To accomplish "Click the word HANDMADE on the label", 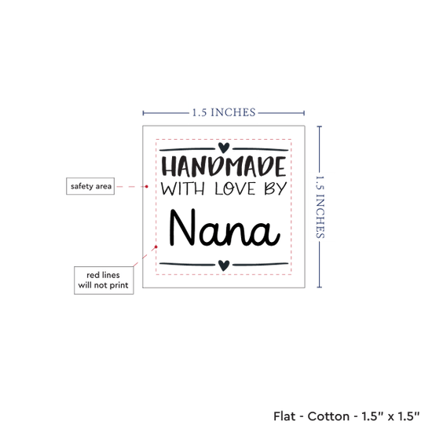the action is click(x=223, y=167).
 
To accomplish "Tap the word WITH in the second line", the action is click(x=183, y=189).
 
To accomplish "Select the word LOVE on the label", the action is click(x=235, y=189).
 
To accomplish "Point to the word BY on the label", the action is click(x=276, y=189).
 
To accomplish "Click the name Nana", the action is click(x=225, y=228).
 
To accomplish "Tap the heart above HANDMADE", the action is click(x=224, y=148).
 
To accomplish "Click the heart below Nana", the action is click(x=224, y=265).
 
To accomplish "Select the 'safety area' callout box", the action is click(x=90, y=186).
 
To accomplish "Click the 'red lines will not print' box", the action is click(x=104, y=280).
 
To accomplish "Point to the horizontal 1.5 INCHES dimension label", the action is click(x=224, y=112).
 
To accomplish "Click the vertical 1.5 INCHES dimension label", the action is click(x=320, y=207).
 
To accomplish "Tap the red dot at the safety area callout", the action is click(x=147, y=186).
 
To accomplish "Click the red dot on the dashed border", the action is click(x=156, y=247).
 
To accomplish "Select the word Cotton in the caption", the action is click(x=328, y=416).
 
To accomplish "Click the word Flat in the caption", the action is click(x=284, y=416).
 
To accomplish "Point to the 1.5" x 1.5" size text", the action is click(x=390, y=416).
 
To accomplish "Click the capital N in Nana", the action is click(x=183, y=227).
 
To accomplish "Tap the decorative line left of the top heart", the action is click(x=187, y=149).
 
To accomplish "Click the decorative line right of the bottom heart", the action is click(x=260, y=265).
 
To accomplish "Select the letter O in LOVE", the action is click(x=230, y=190).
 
